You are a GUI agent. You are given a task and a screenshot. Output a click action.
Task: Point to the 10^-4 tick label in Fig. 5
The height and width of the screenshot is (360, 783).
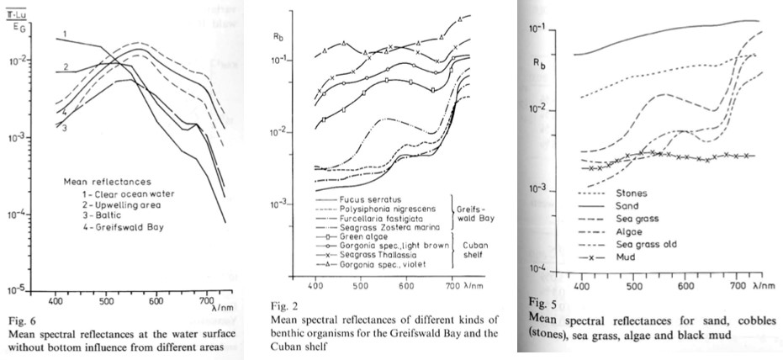pos(534,268)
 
